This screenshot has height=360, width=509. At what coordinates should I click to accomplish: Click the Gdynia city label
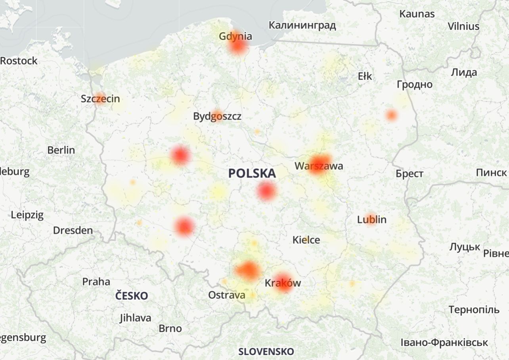[x=235, y=36]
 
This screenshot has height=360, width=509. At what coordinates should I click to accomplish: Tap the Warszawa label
[x=319, y=166]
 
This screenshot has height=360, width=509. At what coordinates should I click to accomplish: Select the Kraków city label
[x=283, y=283]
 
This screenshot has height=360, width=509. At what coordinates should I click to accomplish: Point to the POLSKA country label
[x=252, y=173]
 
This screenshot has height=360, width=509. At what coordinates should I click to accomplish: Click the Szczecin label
[x=100, y=99]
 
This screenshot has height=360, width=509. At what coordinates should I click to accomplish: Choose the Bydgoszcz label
[x=217, y=117]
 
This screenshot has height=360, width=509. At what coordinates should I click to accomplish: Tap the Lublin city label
[x=371, y=219]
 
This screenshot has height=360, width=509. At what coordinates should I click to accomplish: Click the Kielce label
[x=306, y=240]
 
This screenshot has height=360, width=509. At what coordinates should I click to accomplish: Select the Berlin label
[x=61, y=150]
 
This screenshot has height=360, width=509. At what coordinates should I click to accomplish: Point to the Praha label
[x=96, y=282]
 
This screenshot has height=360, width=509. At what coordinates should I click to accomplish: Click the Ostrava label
[x=227, y=295]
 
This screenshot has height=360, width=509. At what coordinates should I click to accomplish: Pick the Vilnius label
[x=463, y=27]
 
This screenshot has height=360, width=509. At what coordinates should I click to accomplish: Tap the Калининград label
[x=302, y=25]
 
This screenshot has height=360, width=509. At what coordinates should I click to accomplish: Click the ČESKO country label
[x=132, y=296]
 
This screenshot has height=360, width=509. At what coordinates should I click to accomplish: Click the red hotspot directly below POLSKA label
[x=266, y=191]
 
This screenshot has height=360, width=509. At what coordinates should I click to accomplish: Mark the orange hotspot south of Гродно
[x=391, y=115]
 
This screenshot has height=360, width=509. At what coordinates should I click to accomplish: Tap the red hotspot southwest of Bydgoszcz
[x=180, y=155]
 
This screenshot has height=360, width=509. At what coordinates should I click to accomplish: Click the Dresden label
[x=73, y=230]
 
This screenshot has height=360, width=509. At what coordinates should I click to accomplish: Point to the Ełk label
[x=365, y=76]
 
